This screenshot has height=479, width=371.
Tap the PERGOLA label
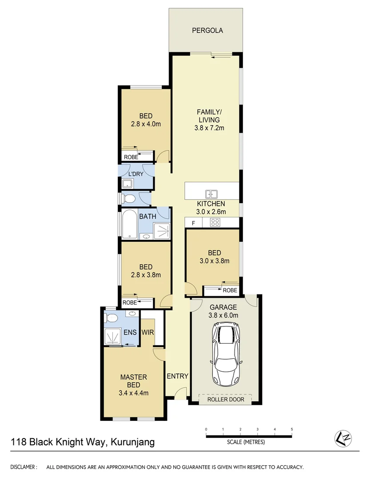point(207,31)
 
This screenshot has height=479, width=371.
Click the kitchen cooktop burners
point(215,223)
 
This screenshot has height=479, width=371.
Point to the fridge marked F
point(193,223)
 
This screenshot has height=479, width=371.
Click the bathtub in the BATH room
point(129,224)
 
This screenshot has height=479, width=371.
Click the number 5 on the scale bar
point(291,429)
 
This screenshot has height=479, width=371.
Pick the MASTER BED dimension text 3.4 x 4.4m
point(133,393)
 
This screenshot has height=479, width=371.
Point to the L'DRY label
point(136,174)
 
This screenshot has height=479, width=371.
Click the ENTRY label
point(177,376)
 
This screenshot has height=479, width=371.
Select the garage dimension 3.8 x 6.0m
point(224,315)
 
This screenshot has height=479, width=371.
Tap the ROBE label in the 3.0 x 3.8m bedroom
point(230,291)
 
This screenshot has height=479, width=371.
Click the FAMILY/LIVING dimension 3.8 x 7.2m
point(209,128)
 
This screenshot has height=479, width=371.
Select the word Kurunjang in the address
point(133,442)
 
